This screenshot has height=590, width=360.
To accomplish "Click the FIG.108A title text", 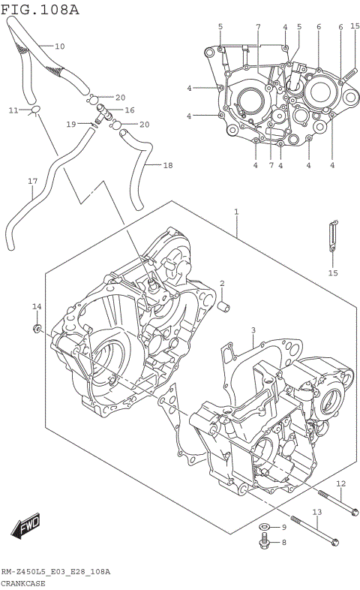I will pyautogui.click(x=40, y=9).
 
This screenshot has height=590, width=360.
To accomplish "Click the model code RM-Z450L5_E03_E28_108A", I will pyautogui.click(x=55, y=572).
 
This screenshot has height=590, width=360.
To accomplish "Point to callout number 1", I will pyautogui.click(x=236, y=212).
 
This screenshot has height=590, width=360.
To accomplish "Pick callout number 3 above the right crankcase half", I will pyautogui.click(x=253, y=330).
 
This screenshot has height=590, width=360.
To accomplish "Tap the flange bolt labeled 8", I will pyautogui.click(x=264, y=542).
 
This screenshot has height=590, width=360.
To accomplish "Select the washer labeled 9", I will pyautogui.click(x=265, y=527).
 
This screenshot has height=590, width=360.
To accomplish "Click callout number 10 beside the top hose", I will pyautogui.click(x=60, y=47).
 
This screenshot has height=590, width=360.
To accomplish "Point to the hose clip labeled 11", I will pyautogui.click(x=34, y=113).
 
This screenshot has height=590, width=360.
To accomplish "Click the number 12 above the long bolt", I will pyautogui.click(x=340, y=483).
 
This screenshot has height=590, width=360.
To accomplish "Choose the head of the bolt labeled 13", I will pyautogui.click(x=334, y=540).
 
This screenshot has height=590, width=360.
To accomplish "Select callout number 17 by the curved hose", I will pyautogui.click(x=31, y=181).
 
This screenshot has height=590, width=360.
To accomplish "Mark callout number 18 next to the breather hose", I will pyautogui.click(x=167, y=165).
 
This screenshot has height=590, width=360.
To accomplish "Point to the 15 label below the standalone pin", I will pyautogui.click(x=333, y=273).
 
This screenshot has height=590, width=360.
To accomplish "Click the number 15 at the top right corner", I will pyautogui.click(x=355, y=26).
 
